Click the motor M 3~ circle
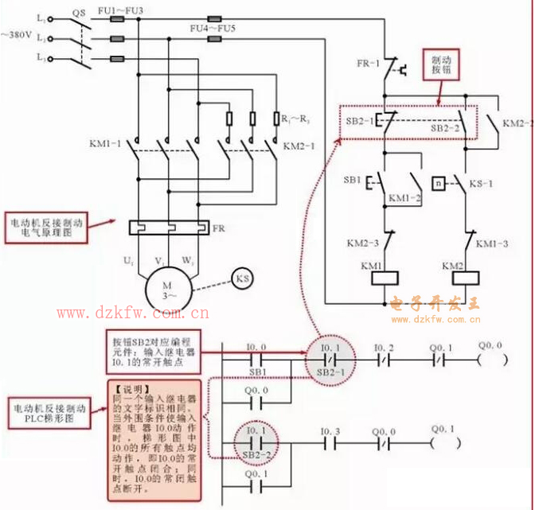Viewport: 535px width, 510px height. pyautogui.click(x=166, y=289)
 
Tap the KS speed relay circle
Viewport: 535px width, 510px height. pyautogui.click(x=242, y=278)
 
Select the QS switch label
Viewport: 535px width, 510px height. pyautogui.click(x=78, y=14)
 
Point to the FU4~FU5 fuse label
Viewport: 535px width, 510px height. pyautogui.click(x=213, y=29)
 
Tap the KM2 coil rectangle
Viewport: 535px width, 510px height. pyautogui.click(x=464, y=278)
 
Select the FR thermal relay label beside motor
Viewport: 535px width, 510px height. pyautogui.click(x=218, y=228)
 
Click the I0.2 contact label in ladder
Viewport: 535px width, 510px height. pyautogui.click(x=384, y=348)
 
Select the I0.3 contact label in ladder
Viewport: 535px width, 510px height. pyautogui.click(x=330, y=432)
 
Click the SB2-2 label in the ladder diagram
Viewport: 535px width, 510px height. pyautogui.click(x=256, y=454)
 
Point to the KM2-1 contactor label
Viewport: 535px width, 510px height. pyautogui.click(x=299, y=146)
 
